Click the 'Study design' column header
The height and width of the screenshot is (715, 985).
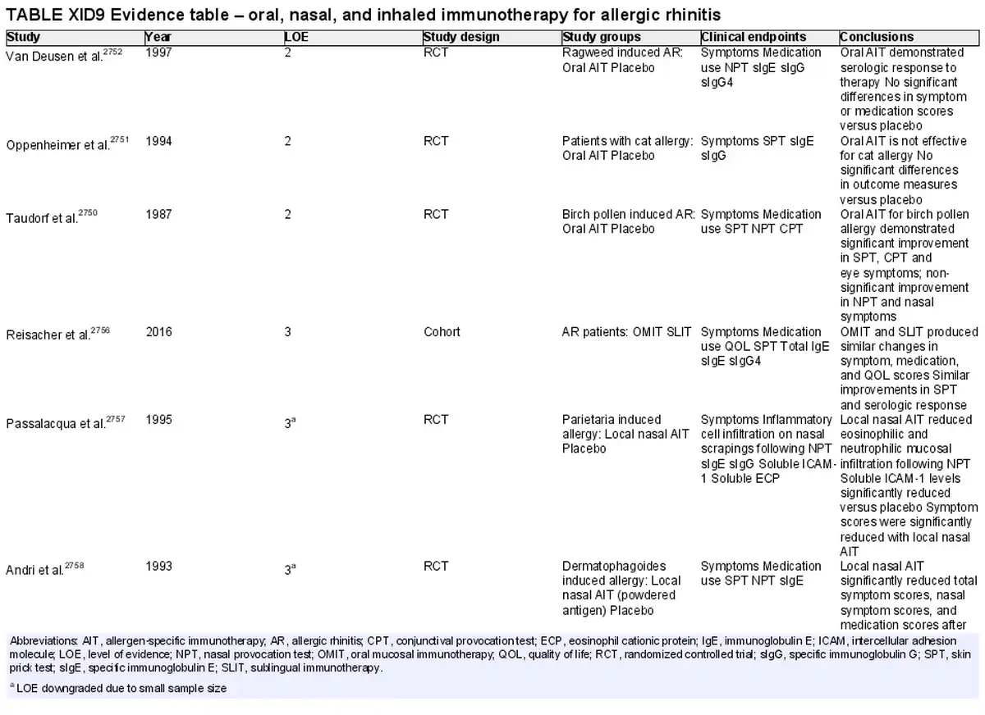pyautogui.click(x=460, y=37)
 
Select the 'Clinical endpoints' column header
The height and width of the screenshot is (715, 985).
pyautogui.click(x=754, y=37)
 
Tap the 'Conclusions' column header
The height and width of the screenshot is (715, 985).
pyautogui.click(x=877, y=37)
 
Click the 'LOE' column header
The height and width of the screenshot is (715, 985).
pyautogui.click(x=296, y=37)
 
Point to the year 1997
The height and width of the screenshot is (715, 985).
pyautogui.click(x=158, y=52)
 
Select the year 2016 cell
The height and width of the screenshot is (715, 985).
pyautogui.click(x=158, y=331)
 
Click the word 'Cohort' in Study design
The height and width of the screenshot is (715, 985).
pyautogui.click(x=442, y=331)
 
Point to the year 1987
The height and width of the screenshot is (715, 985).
pyautogui.click(x=158, y=214)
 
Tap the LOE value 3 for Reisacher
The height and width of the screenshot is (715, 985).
pyautogui.click(x=287, y=331)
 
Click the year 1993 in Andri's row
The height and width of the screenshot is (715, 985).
pyautogui.click(x=158, y=566)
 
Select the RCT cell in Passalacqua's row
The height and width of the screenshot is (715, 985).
pyautogui.click(x=436, y=420)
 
